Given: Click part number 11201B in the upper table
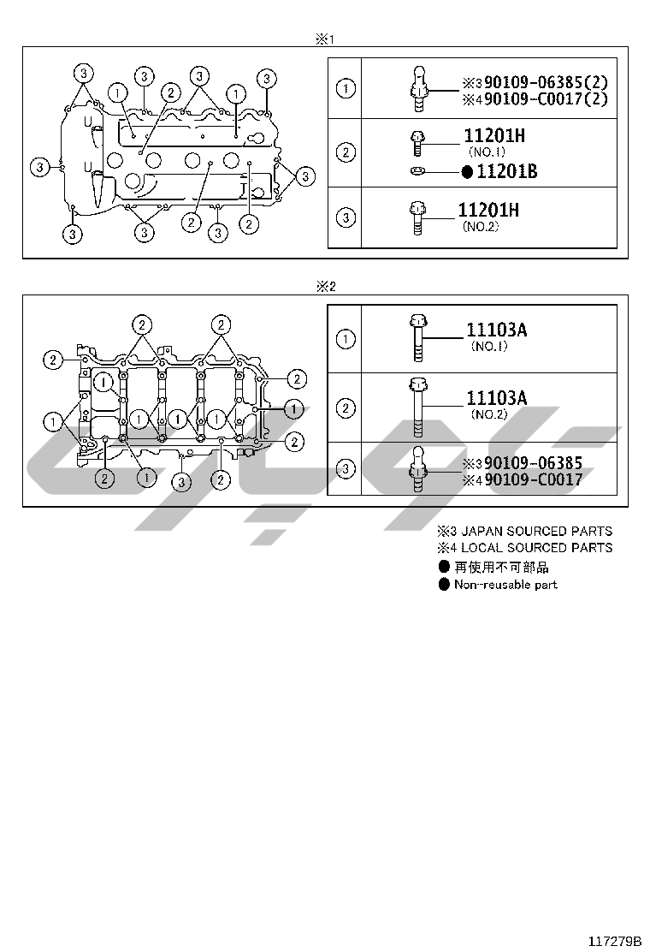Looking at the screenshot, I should (506, 171).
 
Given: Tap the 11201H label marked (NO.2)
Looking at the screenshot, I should (488, 211).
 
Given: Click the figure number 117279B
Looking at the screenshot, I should (613, 940).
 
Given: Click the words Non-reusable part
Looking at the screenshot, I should (505, 585).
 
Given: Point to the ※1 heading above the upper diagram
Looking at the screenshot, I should (324, 39).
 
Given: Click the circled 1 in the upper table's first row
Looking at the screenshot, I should (346, 88).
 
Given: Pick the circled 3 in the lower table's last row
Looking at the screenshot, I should (346, 469).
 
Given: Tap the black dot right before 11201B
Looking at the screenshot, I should (467, 172).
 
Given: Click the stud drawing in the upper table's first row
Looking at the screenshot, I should (418, 88).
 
